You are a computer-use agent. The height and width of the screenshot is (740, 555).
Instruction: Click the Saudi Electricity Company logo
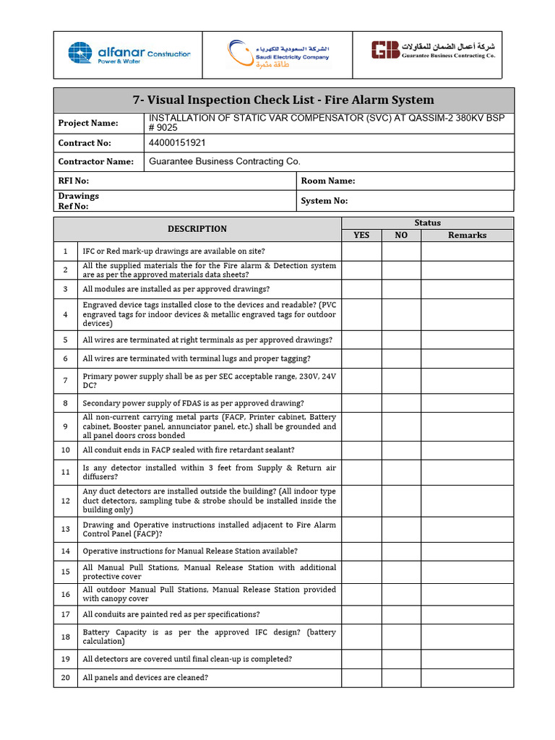[x=278, y=54]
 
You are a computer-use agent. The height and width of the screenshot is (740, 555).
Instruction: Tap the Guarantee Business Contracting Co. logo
[x=433, y=50]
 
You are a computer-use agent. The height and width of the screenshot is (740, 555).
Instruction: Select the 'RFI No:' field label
[x=74, y=181]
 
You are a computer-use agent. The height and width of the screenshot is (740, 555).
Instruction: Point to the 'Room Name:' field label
[x=328, y=181]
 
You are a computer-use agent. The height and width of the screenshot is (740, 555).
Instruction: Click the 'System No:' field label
[x=324, y=201]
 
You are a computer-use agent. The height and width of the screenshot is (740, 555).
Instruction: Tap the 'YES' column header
[x=361, y=235]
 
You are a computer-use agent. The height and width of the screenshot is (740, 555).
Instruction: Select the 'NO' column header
[x=401, y=235]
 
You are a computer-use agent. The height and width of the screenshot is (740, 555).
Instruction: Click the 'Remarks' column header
[x=467, y=235]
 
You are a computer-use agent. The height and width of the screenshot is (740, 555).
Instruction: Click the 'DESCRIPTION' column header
[x=197, y=228]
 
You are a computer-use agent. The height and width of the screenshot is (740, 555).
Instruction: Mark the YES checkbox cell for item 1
[x=361, y=251]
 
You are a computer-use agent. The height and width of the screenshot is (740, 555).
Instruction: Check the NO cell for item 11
[x=401, y=473]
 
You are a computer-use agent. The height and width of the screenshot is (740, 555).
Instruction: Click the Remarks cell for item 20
[x=467, y=677]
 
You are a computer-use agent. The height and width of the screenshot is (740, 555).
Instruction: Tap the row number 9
[x=65, y=426]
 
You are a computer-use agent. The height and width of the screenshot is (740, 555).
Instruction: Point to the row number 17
[x=65, y=614]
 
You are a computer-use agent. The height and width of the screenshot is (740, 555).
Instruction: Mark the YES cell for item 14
[x=361, y=551]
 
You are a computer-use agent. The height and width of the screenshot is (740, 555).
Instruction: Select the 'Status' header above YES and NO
[x=427, y=223]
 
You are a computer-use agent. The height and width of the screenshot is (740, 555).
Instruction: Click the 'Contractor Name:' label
[x=95, y=162]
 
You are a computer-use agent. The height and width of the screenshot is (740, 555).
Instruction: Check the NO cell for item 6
[x=401, y=358]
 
